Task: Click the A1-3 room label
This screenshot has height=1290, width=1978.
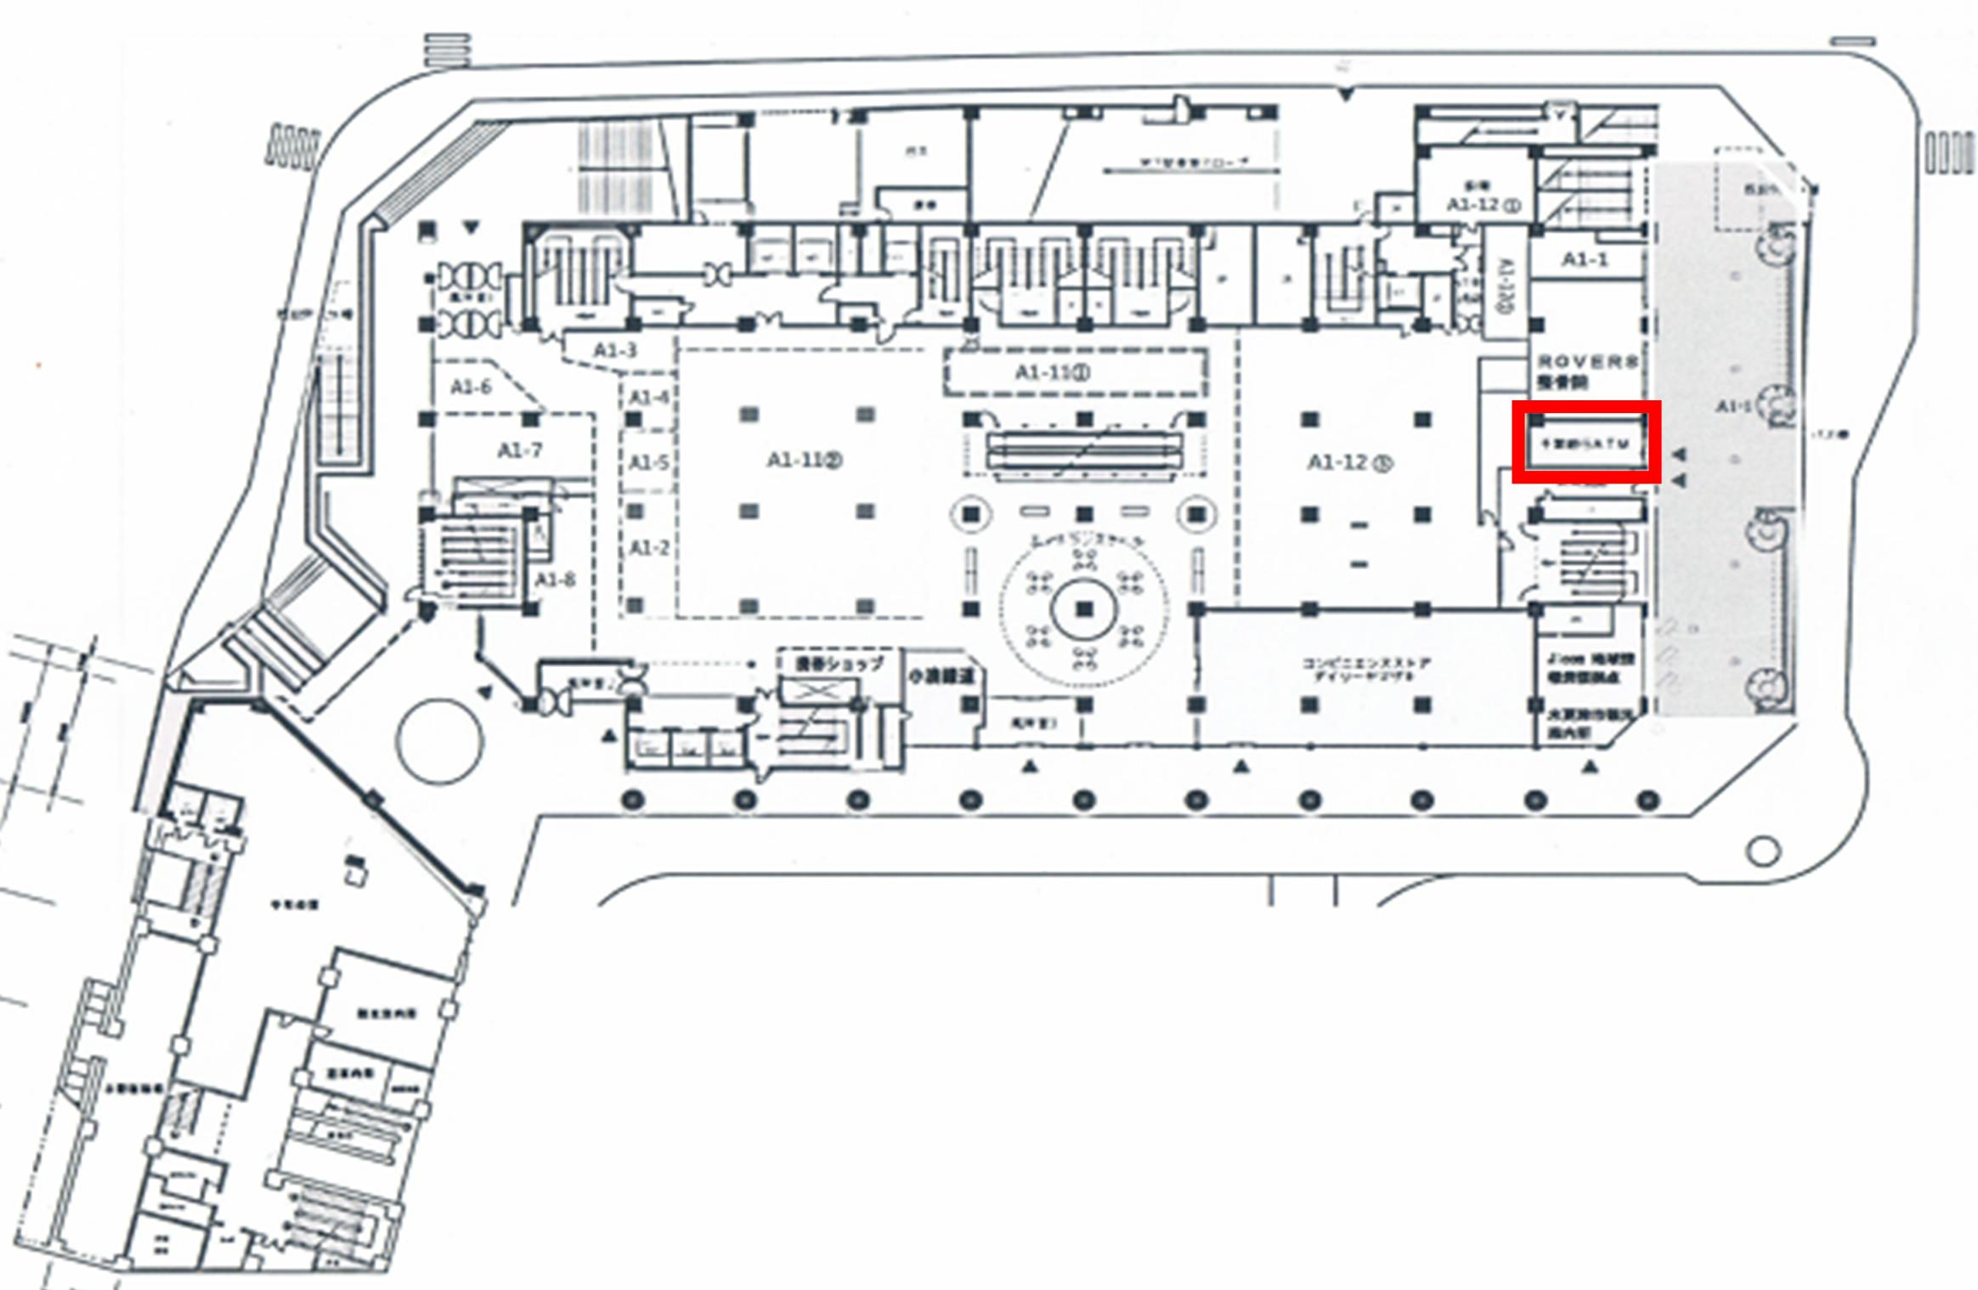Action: [615, 350]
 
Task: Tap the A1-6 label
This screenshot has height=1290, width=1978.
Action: [471, 388]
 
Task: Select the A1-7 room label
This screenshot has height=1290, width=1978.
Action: [519, 450]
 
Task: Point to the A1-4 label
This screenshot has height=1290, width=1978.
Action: [649, 398]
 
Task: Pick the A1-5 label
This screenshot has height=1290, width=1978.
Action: [649, 462]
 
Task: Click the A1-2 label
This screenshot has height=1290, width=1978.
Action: [649, 548]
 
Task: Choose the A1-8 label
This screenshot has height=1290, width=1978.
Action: [556, 580]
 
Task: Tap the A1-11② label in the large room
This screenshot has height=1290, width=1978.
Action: [804, 461]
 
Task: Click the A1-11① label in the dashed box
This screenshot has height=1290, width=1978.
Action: [1053, 372]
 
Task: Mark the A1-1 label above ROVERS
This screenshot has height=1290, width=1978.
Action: [1585, 260]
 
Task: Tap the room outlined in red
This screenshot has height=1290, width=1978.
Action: [1585, 442]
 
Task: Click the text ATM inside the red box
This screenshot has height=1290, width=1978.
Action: [1610, 444]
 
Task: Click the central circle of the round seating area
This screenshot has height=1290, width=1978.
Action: [1084, 609]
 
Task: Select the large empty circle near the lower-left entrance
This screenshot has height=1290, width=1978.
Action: [439, 741]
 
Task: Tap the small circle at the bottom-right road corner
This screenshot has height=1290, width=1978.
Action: [1763, 851]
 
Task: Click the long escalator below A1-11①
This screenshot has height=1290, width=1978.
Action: [1084, 450]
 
